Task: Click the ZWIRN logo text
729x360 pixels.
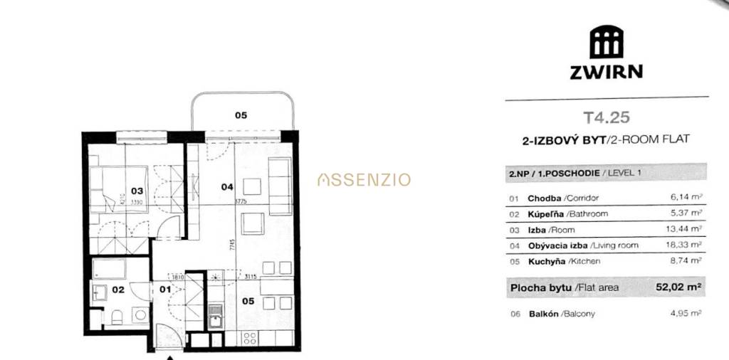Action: pos(606,71)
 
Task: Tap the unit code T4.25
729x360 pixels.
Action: pos(606,117)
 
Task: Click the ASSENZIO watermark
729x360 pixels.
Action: pos(364,180)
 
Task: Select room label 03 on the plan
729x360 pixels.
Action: pos(137,191)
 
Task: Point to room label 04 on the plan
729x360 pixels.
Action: pos(227,187)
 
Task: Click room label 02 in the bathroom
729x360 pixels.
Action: pos(117,290)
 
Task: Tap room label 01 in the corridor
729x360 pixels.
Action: pos(164,290)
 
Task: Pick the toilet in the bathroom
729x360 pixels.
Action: pos(116,316)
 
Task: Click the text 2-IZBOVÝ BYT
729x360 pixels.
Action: pos(562,141)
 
